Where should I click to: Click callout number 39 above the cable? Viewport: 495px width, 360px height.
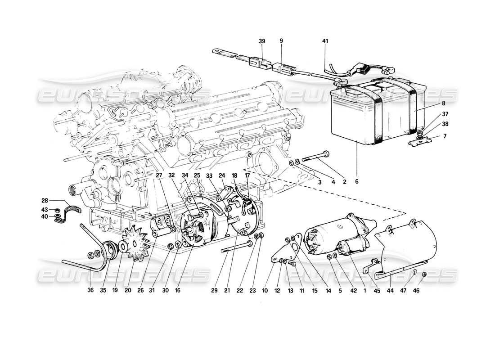(262, 41)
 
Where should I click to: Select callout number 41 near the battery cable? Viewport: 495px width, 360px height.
(325, 41)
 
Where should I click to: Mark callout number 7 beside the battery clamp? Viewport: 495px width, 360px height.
(432, 136)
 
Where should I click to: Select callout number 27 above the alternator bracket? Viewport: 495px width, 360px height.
(159, 176)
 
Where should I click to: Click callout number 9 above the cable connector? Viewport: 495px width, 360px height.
(281, 41)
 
